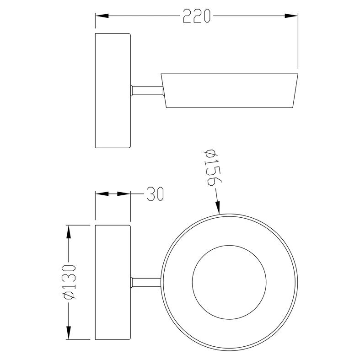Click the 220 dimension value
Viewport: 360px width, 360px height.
(197, 16)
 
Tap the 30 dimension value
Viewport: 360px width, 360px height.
(155, 194)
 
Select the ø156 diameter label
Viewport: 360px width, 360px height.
(212, 167)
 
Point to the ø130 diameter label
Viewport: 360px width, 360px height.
(69, 282)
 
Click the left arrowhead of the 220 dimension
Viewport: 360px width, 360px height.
(102, 16)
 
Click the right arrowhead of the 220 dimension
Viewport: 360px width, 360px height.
(291, 16)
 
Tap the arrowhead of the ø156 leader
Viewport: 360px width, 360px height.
(218, 208)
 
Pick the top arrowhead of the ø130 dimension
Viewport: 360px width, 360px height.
(68, 232)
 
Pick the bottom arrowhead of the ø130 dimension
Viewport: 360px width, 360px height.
(68, 333)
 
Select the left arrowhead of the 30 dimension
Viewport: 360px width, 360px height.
(102, 194)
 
